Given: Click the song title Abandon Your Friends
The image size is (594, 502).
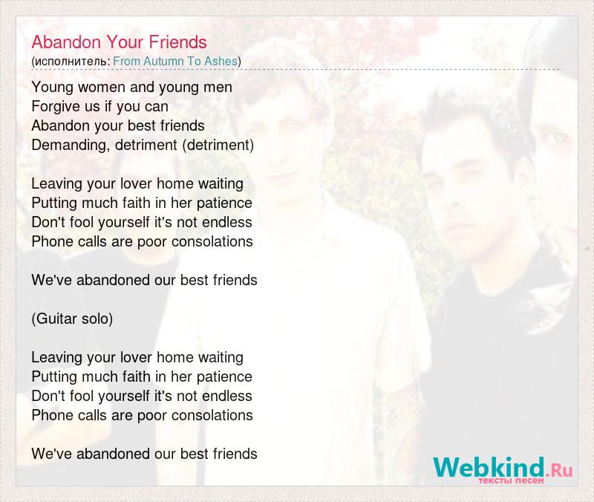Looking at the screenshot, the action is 119,42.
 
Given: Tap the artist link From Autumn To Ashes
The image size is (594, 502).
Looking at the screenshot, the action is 175,61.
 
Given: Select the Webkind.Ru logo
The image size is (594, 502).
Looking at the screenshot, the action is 503,469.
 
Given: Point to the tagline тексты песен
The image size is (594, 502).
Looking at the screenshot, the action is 511,480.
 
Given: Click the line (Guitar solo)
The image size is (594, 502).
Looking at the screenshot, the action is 72,319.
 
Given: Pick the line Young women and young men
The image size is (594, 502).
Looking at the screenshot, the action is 132,87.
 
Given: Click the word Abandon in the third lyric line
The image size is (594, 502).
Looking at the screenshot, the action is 61,125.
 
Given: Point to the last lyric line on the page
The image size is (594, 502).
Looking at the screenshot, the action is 144,454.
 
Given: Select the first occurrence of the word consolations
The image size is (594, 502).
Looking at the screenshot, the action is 212,241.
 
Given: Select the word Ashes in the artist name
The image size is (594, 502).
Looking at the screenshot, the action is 221,61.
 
